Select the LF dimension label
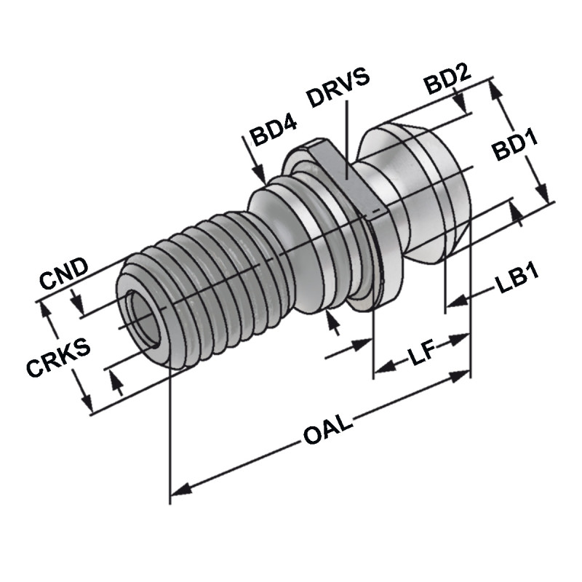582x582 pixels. click(x=420, y=355)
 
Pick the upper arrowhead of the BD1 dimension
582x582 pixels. click(x=496, y=90)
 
